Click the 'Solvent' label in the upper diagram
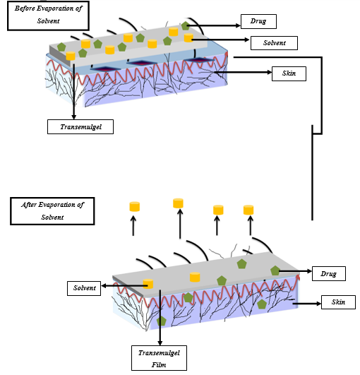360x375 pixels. (274, 44)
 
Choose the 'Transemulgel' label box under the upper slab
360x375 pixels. (79, 127)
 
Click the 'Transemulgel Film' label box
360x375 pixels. (160, 357)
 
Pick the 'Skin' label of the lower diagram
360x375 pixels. (338, 302)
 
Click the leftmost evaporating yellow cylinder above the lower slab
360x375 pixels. (134, 206)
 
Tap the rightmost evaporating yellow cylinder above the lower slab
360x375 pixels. (248, 210)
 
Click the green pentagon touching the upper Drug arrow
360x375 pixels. (186, 25)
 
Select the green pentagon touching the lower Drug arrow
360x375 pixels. (275, 270)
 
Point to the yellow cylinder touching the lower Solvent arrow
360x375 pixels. (148, 284)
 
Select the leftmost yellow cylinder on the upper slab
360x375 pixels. (71, 56)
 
